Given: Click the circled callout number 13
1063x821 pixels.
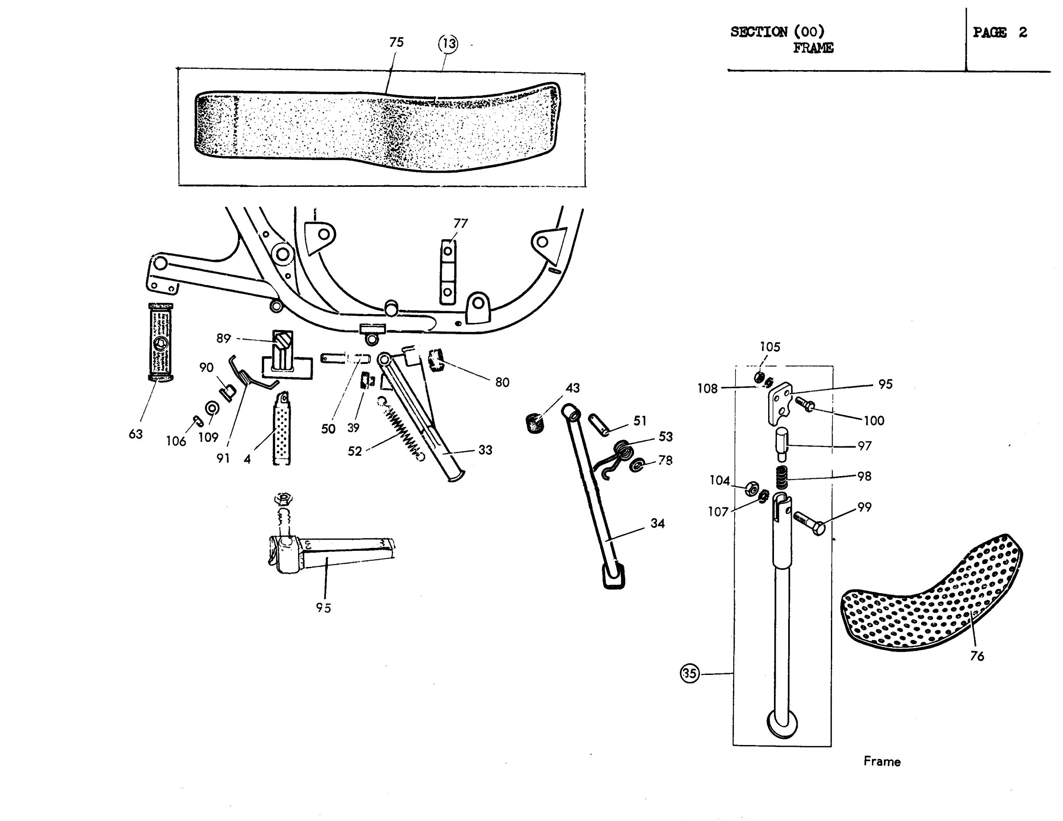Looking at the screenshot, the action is (x=448, y=44).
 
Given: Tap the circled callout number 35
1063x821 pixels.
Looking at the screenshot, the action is (x=689, y=674).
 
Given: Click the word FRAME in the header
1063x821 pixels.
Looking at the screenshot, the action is (x=813, y=48).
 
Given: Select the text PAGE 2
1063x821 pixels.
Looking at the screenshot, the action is (x=1000, y=33).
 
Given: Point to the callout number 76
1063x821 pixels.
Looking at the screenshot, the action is (x=977, y=657).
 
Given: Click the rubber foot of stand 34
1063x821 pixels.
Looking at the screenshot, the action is (x=614, y=576).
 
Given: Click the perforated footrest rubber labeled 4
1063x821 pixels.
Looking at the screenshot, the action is (x=281, y=428).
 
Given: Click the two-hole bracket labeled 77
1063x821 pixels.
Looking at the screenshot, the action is (x=448, y=271).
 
